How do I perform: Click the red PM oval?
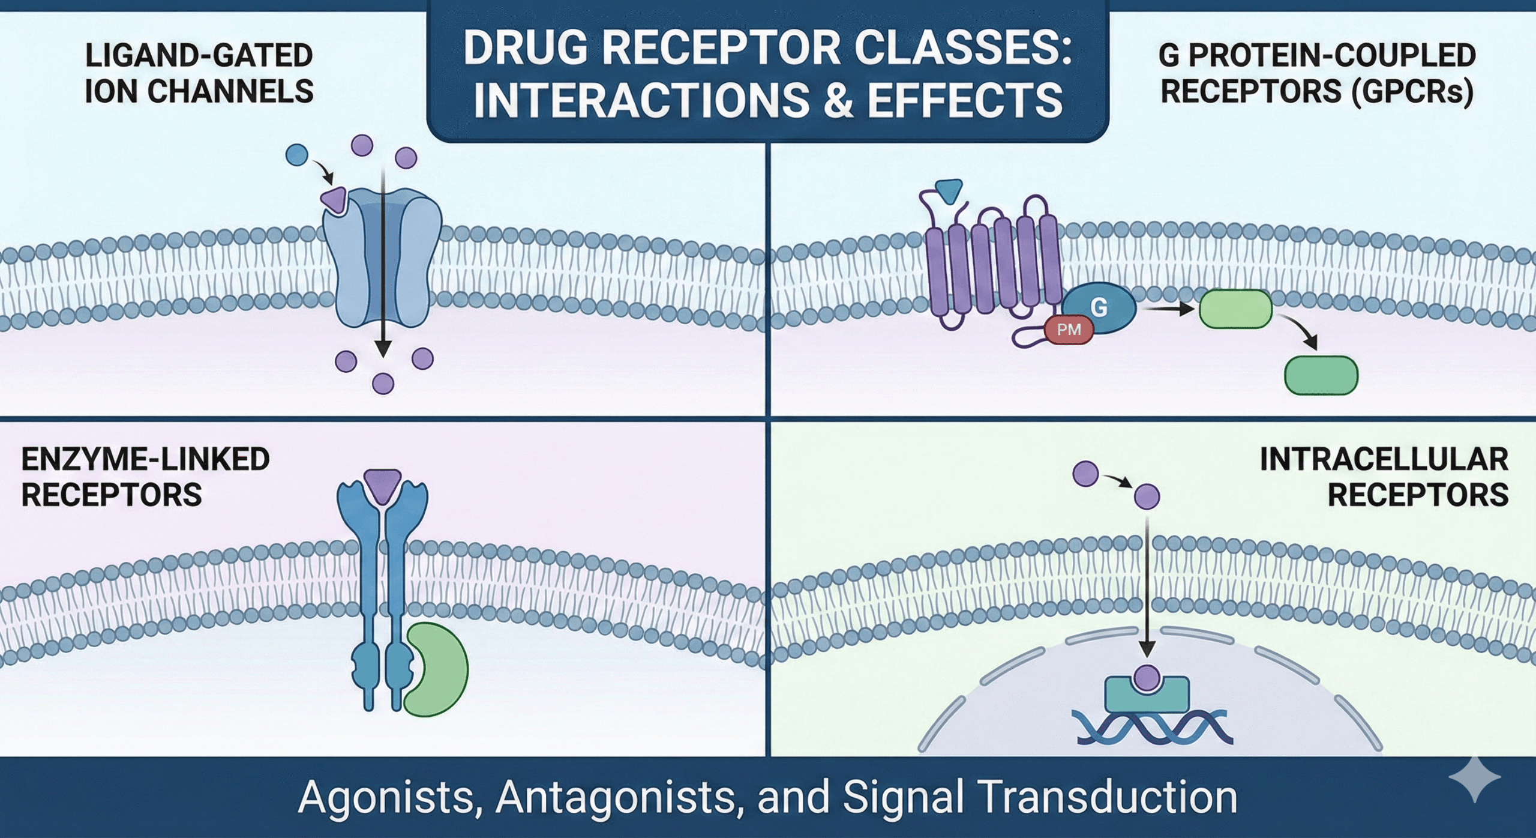click(1069, 330)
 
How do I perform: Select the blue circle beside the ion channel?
click(297, 155)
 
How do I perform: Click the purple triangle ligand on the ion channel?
click(334, 199)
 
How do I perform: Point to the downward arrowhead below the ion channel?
click(383, 349)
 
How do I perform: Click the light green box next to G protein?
click(1235, 309)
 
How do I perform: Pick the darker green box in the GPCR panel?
click(1321, 375)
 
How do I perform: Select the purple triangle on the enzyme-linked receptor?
click(382, 484)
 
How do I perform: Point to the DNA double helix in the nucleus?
click(1152, 728)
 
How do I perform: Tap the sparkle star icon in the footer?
click(1475, 779)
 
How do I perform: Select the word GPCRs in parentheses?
click(1414, 92)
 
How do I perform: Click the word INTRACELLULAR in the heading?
click(1384, 460)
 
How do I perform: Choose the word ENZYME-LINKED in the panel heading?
click(145, 460)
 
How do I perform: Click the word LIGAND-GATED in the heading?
click(199, 56)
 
